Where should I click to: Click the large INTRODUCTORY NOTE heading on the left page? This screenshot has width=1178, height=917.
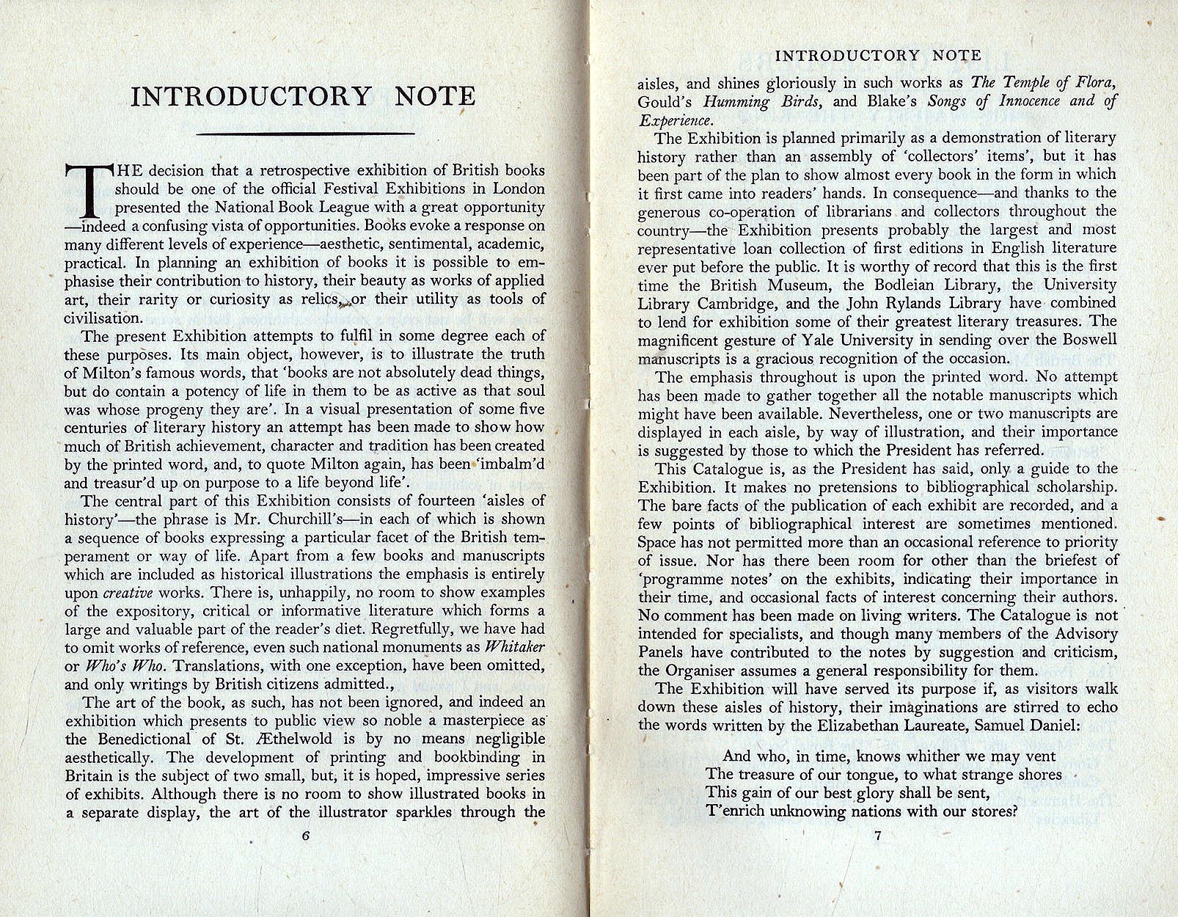(303, 96)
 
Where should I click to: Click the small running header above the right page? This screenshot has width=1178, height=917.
(878, 56)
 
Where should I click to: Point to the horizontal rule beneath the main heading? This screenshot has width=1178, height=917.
(307, 134)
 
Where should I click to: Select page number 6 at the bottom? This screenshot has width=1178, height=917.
(306, 834)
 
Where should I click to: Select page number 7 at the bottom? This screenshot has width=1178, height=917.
(877, 834)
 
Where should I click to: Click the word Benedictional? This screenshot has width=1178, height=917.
(151, 739)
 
